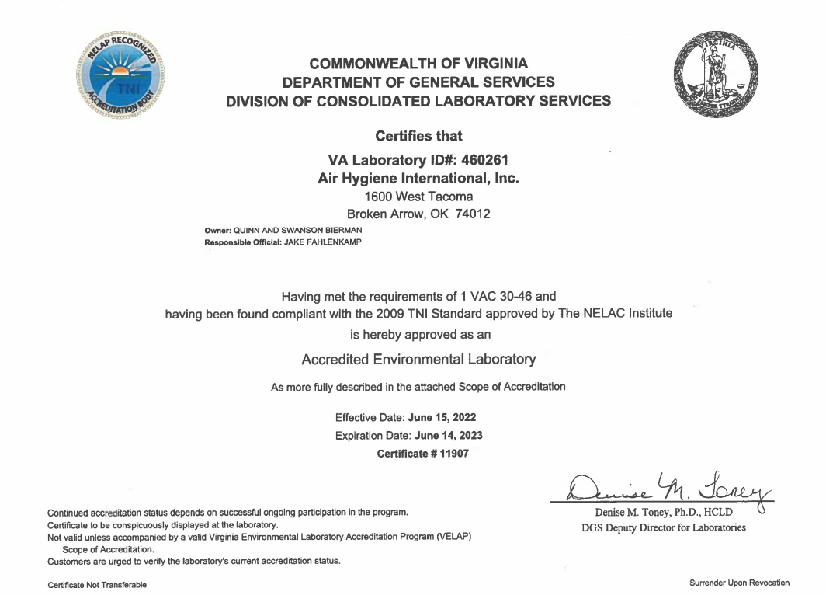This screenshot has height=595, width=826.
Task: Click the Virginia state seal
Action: coord(715,77)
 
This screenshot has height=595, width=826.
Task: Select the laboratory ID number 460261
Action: coord(482,159)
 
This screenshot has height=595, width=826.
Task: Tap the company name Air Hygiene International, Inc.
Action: coord(418,178)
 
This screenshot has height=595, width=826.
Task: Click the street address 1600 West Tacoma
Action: coord(418,197)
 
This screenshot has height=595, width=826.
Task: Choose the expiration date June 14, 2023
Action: coord(448,435)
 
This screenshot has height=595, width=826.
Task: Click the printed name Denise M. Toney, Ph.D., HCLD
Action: coord(658,512)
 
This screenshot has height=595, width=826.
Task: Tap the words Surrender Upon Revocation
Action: coord(739,583)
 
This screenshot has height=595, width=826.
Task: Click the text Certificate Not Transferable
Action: coord(97,585)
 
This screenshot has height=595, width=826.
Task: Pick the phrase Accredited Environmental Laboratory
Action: coord(418,360)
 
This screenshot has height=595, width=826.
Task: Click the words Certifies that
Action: coord(418,137)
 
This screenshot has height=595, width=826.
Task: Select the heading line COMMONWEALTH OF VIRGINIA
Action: coord(418,64)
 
